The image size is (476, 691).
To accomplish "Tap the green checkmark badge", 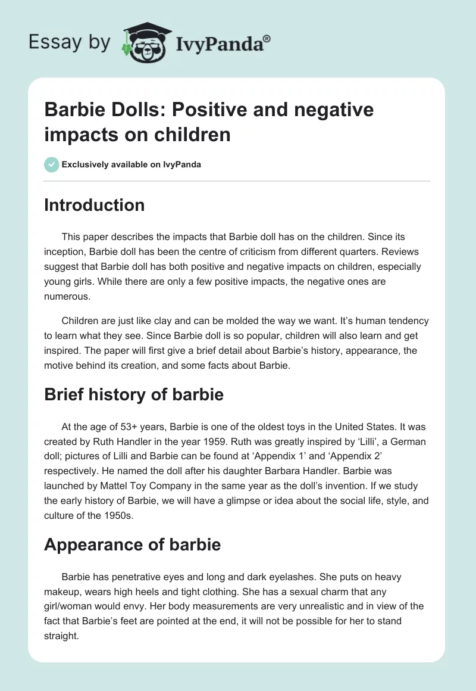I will tap(52, 164).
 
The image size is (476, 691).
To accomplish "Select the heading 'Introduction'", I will tap(94, 205).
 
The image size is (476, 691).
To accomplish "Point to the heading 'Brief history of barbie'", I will tap(134, 394).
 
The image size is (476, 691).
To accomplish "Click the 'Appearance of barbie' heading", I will tap(132, 544).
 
